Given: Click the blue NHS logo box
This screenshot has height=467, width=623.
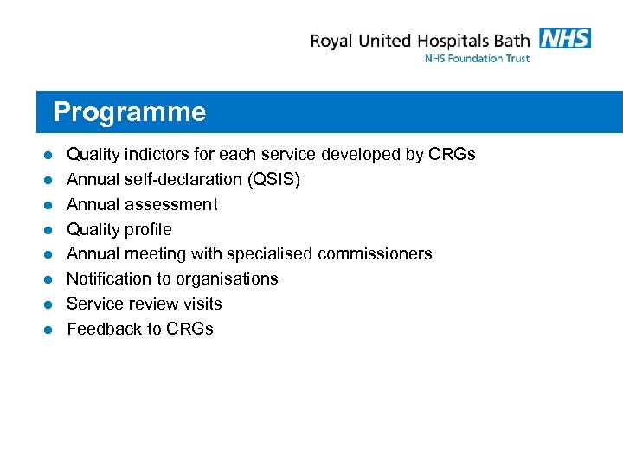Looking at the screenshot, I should [564, 38].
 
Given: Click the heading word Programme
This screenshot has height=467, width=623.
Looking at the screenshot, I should [129, 112].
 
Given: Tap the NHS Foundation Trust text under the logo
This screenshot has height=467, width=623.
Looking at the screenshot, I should [477, 59].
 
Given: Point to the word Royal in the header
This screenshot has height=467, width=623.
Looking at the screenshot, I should [333, 41].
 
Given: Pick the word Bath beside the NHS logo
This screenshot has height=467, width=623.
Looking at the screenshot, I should [511, 40].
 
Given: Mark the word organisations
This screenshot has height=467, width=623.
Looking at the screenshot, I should [228, 279].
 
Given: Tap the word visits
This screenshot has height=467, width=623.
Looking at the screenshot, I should [201, 304].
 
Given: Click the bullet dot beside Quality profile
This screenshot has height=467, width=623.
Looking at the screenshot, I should [50, 230].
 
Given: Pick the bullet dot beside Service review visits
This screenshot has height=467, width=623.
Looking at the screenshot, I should [50, 304].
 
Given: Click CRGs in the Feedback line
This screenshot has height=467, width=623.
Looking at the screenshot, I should [189, 329].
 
